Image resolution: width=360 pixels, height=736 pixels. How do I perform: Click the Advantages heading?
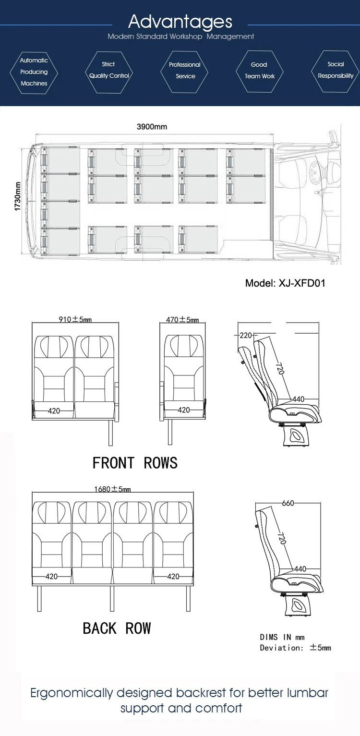tap(180, 22)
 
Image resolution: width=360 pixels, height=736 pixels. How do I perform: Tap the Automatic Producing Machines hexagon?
tap(34, 72)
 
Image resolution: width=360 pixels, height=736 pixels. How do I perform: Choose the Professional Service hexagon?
tap(185, 71)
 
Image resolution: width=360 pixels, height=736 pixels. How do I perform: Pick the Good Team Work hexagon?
tap(260, 71)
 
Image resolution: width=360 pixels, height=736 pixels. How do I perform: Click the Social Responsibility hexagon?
tap(336, 70)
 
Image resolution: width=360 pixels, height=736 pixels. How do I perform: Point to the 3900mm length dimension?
tap(152, 127)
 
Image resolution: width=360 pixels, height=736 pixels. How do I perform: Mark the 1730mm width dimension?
tap(18, 196)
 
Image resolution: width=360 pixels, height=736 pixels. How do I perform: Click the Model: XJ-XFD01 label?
tap(285, 283)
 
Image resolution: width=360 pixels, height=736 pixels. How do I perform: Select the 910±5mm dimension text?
tap(75, 319)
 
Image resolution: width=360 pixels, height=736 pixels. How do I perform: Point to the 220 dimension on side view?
tap(246, 335)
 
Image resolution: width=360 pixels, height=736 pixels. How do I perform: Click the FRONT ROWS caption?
tap(135, 463)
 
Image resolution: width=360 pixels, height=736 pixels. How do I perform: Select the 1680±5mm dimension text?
tap(112, 489)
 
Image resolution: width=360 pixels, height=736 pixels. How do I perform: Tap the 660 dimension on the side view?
tap(288, 503)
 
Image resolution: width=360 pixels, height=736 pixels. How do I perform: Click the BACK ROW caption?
tap(117, 628)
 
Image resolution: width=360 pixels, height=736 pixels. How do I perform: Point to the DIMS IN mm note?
tap(282, 637)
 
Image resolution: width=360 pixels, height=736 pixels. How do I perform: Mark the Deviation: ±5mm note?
tap(295, 648)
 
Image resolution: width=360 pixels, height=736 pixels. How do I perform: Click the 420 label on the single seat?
tap(184, 410)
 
